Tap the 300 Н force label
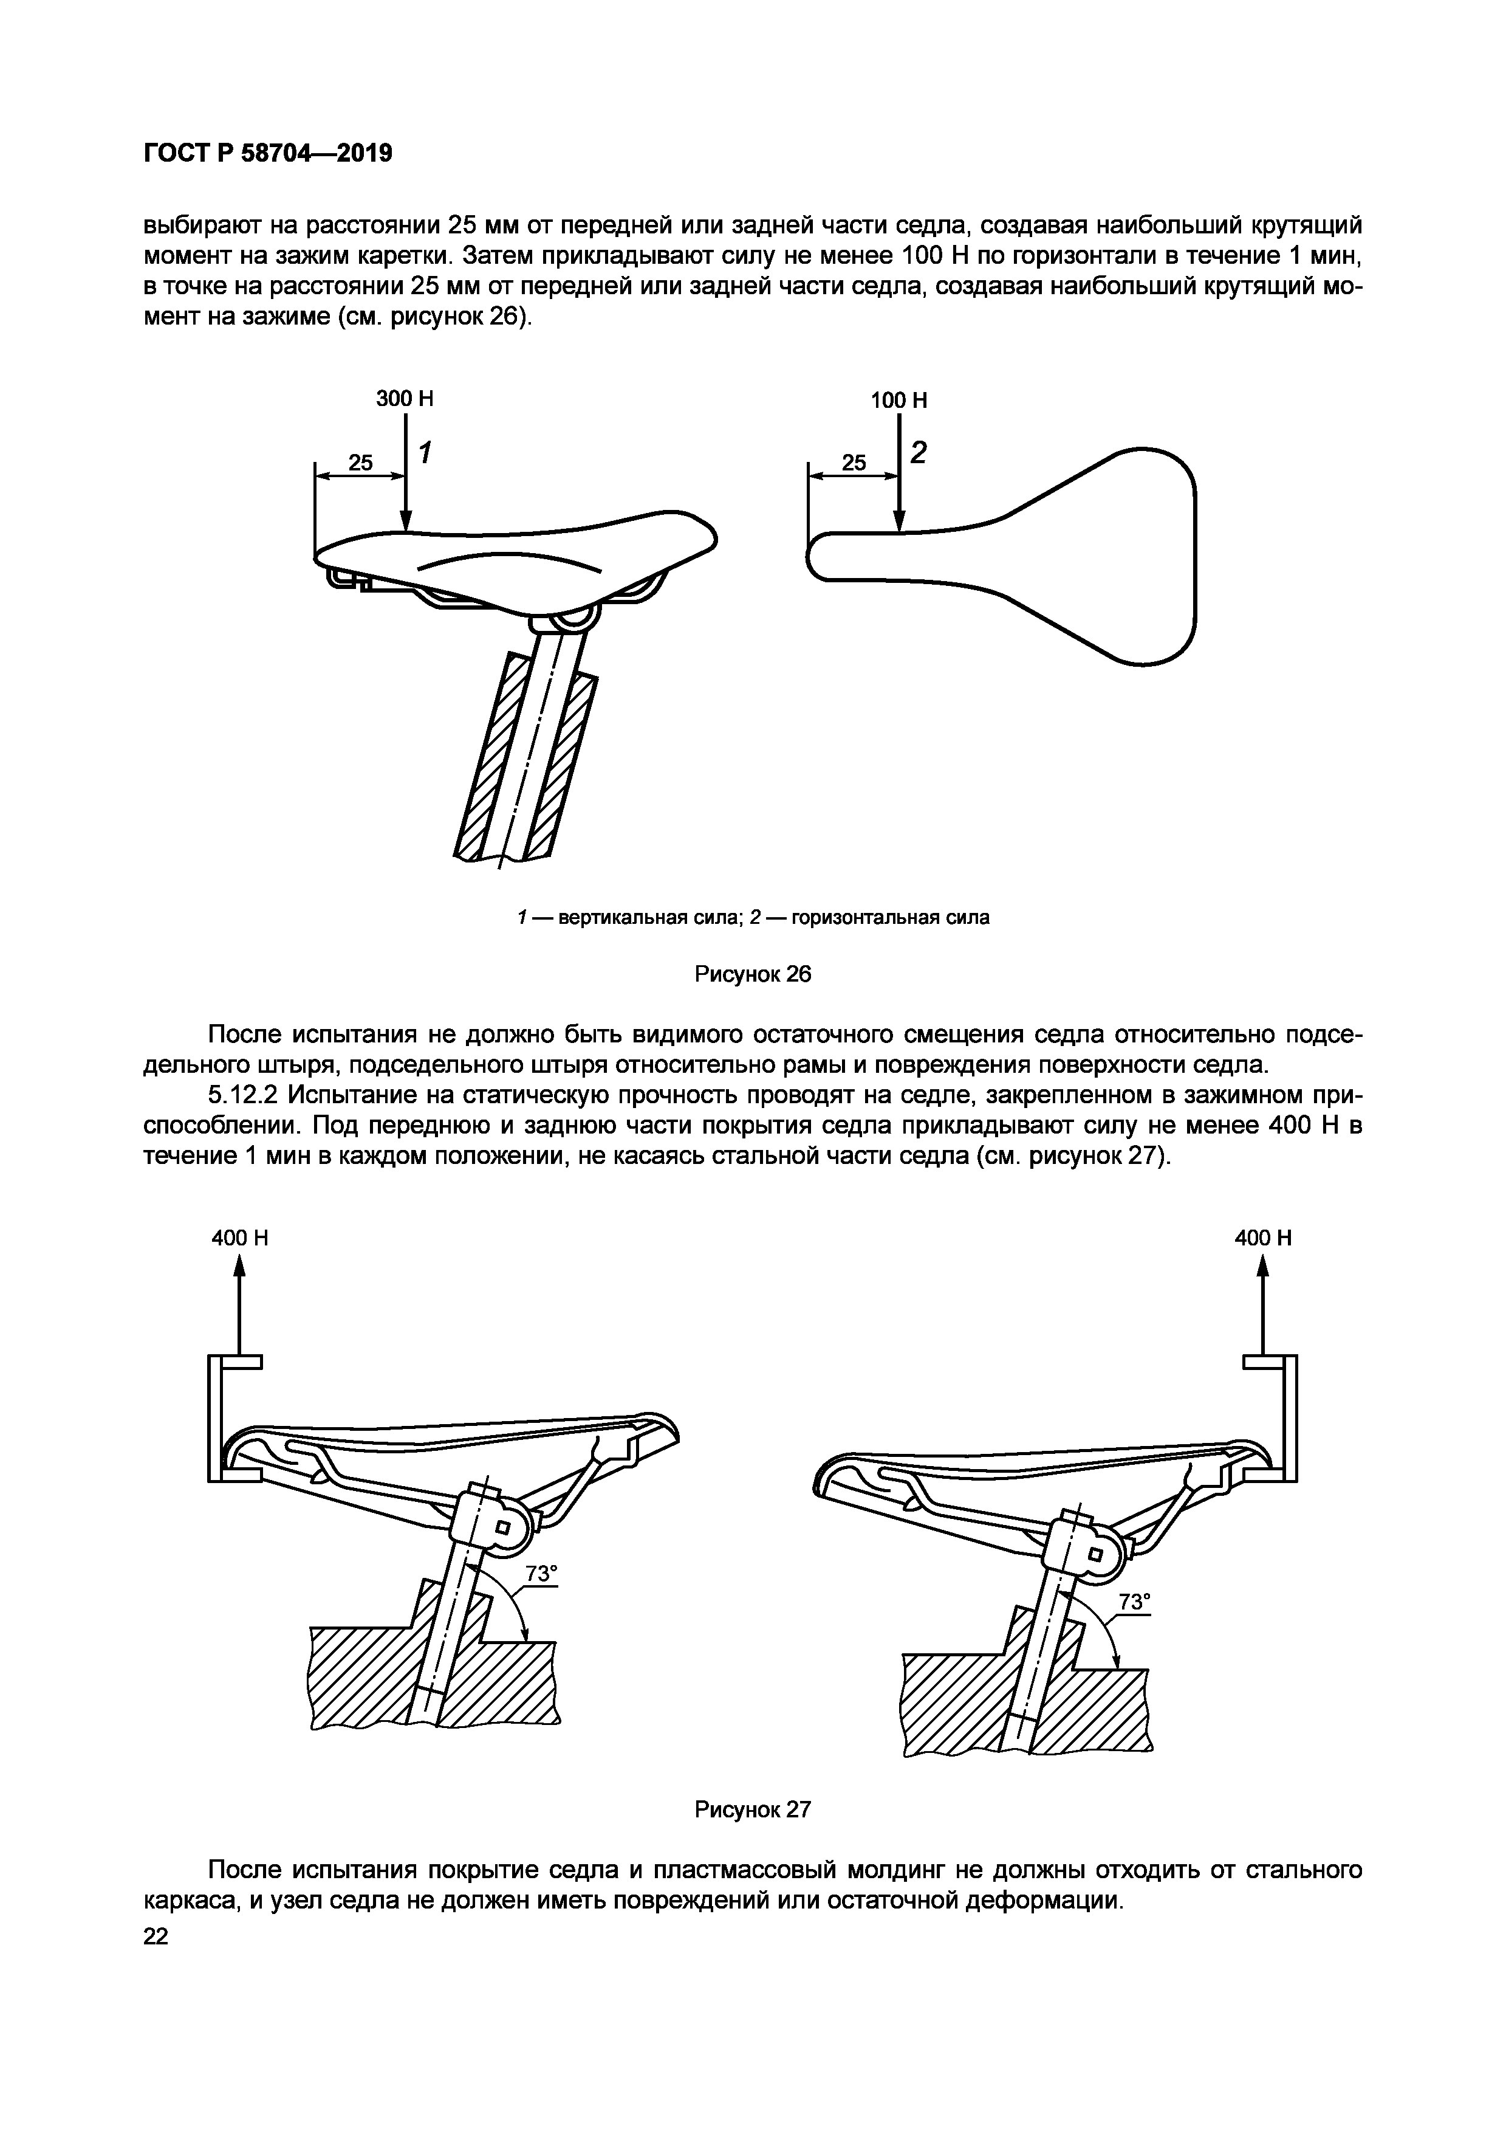coord(405,399)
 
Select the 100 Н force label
coord(898,401)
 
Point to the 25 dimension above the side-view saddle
coord(360,462)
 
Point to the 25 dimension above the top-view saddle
coord(854,462)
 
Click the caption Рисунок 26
coord(753,974)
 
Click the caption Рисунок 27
coord(753,1810)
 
